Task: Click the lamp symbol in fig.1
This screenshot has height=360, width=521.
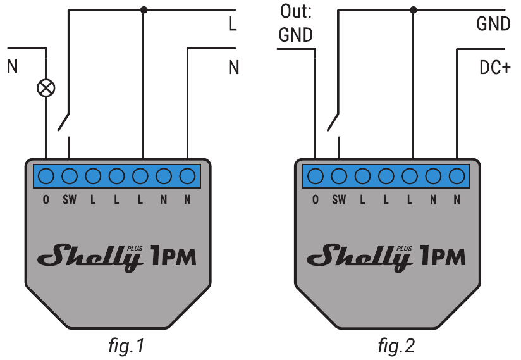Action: pyautogui.click(x=46, y=88)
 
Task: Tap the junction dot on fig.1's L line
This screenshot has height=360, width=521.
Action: pyautogui.click(x=144, y=9)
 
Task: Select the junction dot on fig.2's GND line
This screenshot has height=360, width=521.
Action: pyautogui.click(x=414, y=9)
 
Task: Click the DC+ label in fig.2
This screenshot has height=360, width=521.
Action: pyautogui.click(x=494, y=68)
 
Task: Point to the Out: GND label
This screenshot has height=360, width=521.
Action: pyautogui.click(x=296, y=24)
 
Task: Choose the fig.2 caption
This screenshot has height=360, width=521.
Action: pyautogui.click(x=396, y=346)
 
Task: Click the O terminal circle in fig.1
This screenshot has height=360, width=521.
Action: pyautogui.click(x=46, y=175)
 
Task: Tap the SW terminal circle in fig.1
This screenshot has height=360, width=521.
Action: pyautogui.click(x=70, y=175)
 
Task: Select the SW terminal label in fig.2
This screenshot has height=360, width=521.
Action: pyautogui.click(x=340, y=201)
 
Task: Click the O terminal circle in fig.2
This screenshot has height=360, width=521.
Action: pyautogui.click(x=316, y=175)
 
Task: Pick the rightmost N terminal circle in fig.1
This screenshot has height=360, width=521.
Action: pyautogui.click(x=187, y=175)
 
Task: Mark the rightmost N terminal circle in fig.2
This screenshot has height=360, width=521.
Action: pyautogui.click(x=457, y=175)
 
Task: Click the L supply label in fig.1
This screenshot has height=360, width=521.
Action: pyautogui.click(x=233, y=25)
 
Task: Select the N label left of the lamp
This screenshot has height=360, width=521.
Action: pyautogui.click(x=12, y=65)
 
